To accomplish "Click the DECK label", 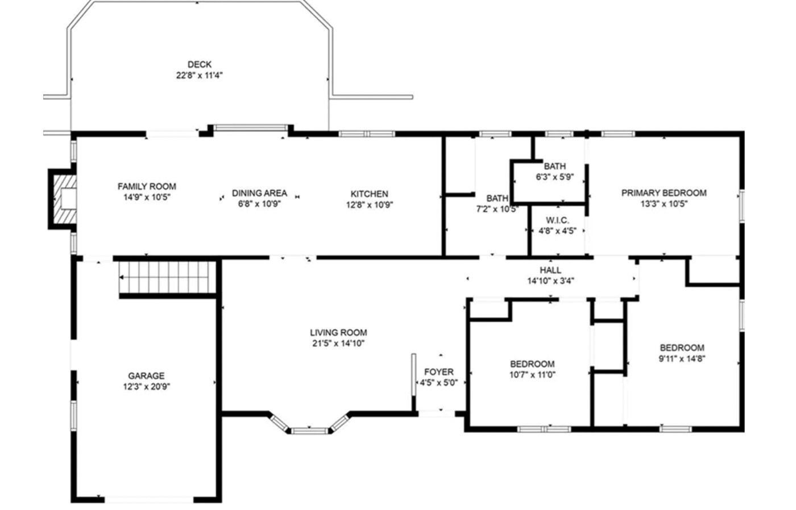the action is [x=200, y=65].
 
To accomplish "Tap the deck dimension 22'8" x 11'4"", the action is [x=200, y=76].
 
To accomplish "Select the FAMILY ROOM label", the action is [x=147, y=186].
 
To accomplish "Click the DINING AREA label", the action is [x=259, y=193].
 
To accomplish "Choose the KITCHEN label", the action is [x=369, y=194].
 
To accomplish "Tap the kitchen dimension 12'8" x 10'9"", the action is [x=370, y=205].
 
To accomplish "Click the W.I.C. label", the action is [x=557, y=220].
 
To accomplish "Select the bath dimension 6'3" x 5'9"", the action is [x=555, y=177].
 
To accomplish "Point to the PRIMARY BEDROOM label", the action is [x=664, y=193].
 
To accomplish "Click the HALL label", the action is [x=550, y=270].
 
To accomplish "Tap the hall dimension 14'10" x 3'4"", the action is [x=550, y=281].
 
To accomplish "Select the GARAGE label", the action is [x=147, y=375].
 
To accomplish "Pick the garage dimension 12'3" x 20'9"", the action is [x=147, y=387].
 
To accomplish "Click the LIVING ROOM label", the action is [x=338, y=333].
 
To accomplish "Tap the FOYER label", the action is [x=439, y=372].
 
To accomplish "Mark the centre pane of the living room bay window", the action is [x=309, y=431].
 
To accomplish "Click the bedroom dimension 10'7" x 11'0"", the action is [x=532, y=375].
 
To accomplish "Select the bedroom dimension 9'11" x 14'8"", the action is [x=682, y=358].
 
